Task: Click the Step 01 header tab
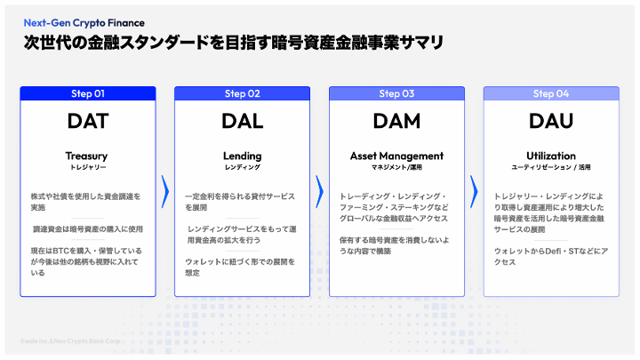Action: tap(87, 93)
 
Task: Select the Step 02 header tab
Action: tap(242, 93)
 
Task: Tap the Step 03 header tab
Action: tap(396, 93)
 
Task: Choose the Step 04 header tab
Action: tap(551, 93)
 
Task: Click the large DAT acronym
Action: tap(87, 120)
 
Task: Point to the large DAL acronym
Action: tap(242, 120)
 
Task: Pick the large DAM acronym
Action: tap(396, 120)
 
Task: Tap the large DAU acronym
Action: tap(551, 120)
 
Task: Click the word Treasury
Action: tap(87, 156)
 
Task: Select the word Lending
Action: tap(242, 156)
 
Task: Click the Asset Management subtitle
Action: tap(396, 156)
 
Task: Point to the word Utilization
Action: tap(551, 156)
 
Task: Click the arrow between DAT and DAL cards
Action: tap(164, 190)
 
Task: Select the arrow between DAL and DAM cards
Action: tap(319, 190)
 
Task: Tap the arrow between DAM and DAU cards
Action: tap(474, 190)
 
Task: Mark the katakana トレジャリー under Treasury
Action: tap(87, 167)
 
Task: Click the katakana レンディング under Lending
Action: tap(242, 167)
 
